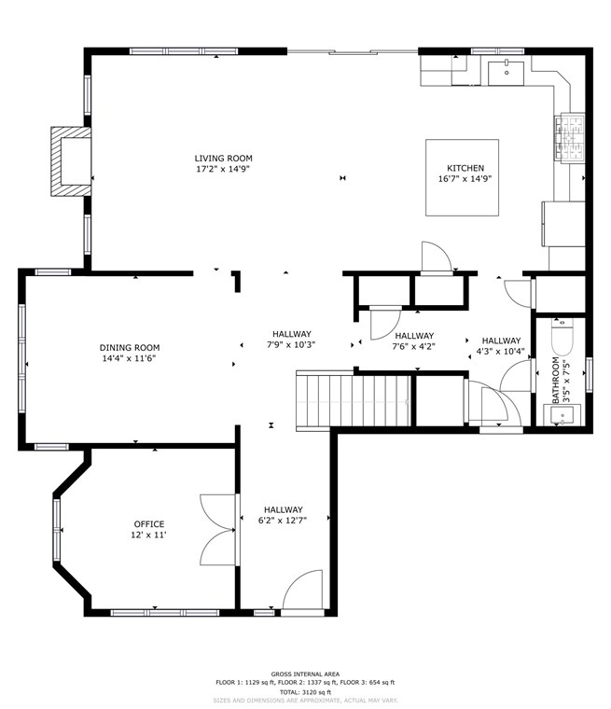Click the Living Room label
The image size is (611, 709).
click(224, 159)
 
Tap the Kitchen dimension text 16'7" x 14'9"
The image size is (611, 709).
click(465, 178)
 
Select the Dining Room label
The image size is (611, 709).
click(130, 348)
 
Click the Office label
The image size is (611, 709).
click(149, 524)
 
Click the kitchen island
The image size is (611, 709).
click(462, 177)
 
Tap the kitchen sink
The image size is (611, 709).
click(507, 74)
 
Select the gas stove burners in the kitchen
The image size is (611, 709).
click(570, 137)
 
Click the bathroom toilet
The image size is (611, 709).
click(562, 337)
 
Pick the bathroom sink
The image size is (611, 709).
click(562, 415)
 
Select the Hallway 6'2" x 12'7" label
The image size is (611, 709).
click(284, 515)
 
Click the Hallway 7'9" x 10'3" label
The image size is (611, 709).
click(292, 340)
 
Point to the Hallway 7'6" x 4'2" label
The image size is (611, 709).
click(414, 341)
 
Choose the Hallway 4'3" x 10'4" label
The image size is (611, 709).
click(501, 346)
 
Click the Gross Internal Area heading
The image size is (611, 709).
click(305, 674)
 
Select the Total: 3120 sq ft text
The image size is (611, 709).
click(305, 692)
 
